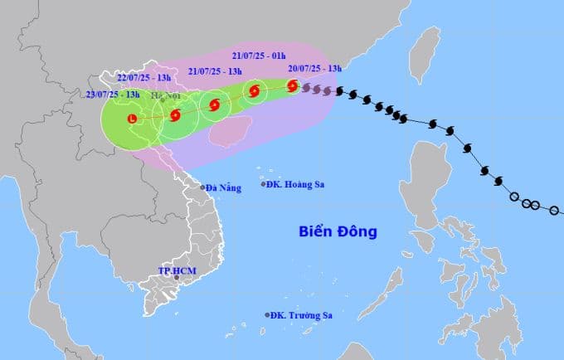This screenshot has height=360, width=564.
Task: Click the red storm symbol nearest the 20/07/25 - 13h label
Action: coord(292,85)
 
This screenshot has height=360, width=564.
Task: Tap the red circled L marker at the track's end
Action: coord(132,119)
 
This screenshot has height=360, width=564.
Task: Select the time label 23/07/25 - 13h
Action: coord(113,95)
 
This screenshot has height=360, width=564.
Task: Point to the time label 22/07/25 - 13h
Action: coord(143,77)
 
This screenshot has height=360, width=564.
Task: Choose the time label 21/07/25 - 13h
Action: coord(216,71)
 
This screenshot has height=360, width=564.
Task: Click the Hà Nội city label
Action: coord(166,95)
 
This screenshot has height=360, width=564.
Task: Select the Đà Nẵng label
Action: coord(224,188)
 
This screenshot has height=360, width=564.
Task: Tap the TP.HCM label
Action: coord(175,271)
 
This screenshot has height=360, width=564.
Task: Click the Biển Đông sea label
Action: coord(338,231)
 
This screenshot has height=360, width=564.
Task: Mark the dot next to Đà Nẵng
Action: coord(203,187)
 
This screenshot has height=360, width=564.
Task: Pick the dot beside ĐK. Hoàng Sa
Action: coord(264,183)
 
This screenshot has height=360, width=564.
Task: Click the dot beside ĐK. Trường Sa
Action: coord(267,314)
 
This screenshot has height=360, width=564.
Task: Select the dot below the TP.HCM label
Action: coord(175,278)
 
